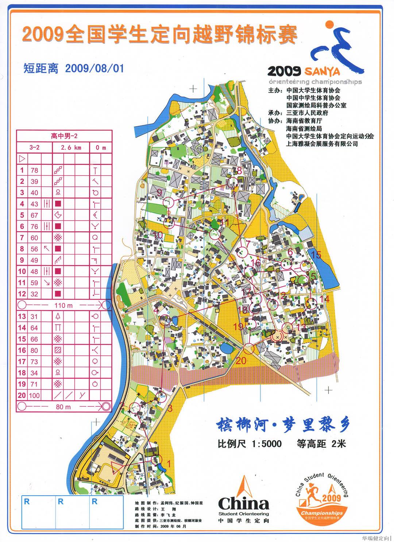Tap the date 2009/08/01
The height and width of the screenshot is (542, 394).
pyautogui.click(x=94, y=68)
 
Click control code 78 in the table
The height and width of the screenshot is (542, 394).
pyautogui.click(x=34, y=170)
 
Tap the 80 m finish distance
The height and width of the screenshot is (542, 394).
pyautogui.click(x=63, y=407)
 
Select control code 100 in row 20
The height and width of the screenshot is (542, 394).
pyautogui.click(x=34, y=395)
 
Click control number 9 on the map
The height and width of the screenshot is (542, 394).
pyautogui.click(x=159, y=192)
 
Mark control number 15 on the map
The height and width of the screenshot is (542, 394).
pyautogui.click(x=316, y=255)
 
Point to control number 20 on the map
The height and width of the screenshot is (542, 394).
pyautogui.click(x=241, y=361)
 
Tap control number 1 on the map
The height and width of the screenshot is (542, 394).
pyautogui.click(x=168, y=464)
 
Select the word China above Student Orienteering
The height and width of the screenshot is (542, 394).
pyautogui.click(x=243, y=504)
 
